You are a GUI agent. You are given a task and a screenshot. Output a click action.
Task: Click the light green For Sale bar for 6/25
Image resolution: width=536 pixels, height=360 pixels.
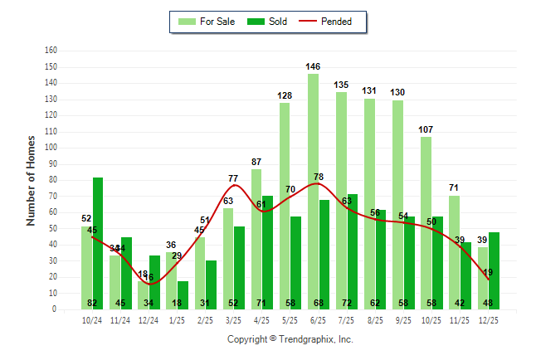click(x=313, y=191)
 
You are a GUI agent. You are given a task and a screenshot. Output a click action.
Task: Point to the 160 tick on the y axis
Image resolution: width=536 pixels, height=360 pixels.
click(x=51, y=50)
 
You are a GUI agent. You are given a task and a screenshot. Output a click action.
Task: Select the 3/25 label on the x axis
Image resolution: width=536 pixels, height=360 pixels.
click(x=233, y=319)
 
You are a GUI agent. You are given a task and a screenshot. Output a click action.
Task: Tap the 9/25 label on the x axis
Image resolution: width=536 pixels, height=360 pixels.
click(x=402, y=319)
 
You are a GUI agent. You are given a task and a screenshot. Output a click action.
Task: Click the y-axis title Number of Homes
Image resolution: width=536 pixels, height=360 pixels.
click(x=32, y=180)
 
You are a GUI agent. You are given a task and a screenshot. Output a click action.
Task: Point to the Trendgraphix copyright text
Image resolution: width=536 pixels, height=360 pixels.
click(x=290, y=339)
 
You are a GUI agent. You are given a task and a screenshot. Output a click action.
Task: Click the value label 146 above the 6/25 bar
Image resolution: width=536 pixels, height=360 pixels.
click(x=313, y=66)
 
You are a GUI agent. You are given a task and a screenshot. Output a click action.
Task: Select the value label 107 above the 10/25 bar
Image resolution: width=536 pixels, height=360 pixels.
click(x=426, y=129)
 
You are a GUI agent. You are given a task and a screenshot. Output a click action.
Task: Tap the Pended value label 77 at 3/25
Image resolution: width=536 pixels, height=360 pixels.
click(x=233, y=178)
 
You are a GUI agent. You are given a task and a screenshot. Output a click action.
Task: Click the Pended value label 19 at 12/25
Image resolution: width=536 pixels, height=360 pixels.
click(x=489, y=272)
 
